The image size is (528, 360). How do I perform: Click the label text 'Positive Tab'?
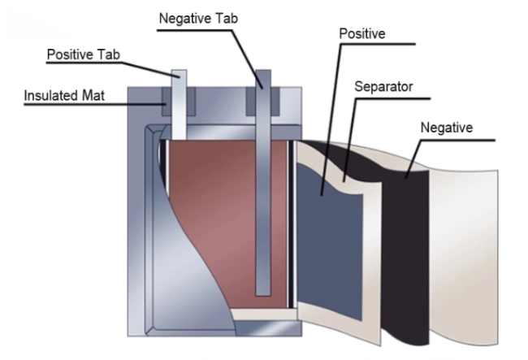pyautogui.click(x=84, y=55)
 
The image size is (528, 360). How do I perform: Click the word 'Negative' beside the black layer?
pyautogui.click(x=448, y=128)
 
